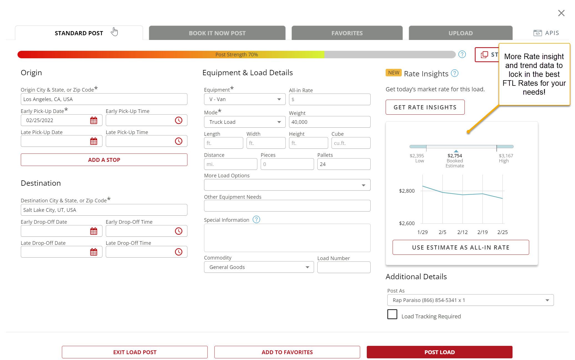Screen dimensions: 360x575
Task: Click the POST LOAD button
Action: (x=439, y=352)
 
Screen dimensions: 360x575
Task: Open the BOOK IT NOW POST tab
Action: (x=217, y=33)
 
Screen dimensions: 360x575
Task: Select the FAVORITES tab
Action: (x=347, y=33)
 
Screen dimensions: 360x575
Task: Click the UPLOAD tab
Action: (x=460, y=33)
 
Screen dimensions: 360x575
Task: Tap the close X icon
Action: (x=561, y=13)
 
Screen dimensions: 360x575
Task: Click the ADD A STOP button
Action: (x=104, y=160)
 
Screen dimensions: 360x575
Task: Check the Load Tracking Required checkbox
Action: (x=392, y=314)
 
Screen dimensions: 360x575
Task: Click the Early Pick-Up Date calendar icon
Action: (x=94, y=120)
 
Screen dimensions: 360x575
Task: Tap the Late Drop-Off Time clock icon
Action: (x=179, y=252)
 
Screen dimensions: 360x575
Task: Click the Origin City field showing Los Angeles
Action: (x=104, y=99)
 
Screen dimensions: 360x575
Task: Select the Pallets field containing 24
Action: (x=343, y=164)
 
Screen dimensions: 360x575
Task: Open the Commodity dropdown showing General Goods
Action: (x=258, y=267)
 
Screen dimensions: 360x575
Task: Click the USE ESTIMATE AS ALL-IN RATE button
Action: (x=461, y=247)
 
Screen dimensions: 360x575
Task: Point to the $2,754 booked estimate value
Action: (x=455, y=156)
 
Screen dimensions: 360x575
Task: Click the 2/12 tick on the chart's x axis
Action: (x=462, y=232)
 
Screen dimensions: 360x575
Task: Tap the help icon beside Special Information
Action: (x=256, y=220)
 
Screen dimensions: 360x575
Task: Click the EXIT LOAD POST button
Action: (x=135, y=352)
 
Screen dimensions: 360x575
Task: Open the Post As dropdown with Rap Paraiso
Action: (x=470, y=300)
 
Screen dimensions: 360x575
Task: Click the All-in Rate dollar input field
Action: (x=330, y=99)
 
